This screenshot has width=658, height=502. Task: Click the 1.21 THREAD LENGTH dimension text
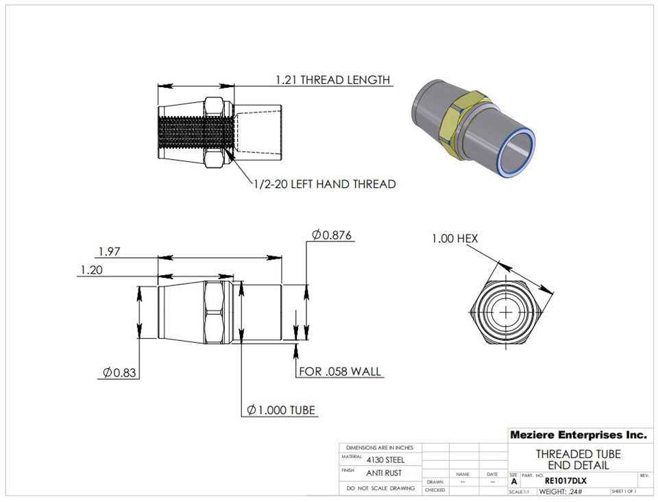coord(332,80)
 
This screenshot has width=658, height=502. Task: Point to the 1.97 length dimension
coord(109,252)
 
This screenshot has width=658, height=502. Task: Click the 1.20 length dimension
coord(91,270)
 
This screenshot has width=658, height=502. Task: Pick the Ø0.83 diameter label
coord(117,372)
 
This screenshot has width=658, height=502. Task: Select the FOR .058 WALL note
coord(341,372)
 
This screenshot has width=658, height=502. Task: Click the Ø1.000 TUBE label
coord(281,410)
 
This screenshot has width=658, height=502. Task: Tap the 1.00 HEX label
coord(454,239)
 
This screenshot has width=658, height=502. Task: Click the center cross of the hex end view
coord(507,312)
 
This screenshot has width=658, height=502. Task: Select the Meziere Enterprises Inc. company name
coord(578,435)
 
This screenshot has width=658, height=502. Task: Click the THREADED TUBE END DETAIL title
coord(578,459)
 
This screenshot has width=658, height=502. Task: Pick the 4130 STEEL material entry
coord(385,459)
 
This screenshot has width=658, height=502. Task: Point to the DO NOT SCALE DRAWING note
coord(380,488)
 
